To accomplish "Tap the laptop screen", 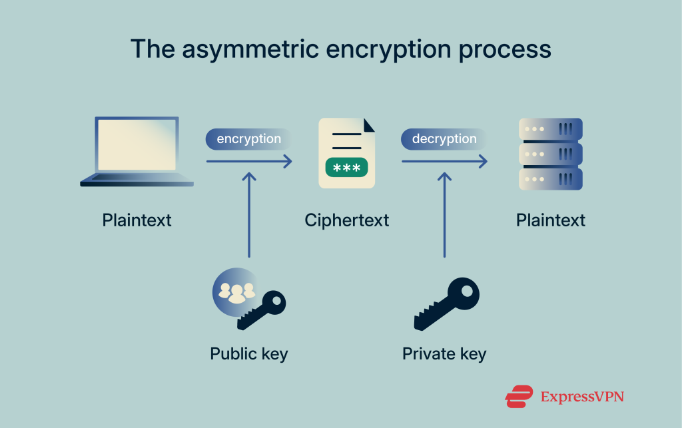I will pyautogui.click(x=137, y=144).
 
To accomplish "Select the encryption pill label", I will pyautogui.click(x=248, y=139).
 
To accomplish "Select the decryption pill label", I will pyautogui.click(x=444, y=139).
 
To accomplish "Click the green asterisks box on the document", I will pyautogui.click(x=346, y=168).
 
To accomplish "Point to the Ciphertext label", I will pyautogui.click(x=346, y=220).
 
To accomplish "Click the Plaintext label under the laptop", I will pyautogui.click(x=137, y=220).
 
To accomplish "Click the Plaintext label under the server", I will pyautogui.click(x=551, y=220).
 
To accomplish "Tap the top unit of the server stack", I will pyautogui.click(x=550, y=128).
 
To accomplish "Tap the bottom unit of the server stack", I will pyautogui.click(x=550, y=179).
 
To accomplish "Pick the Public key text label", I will pyautogui.click(x=248, y=353).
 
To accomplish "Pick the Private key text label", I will pyautogui.click(x=444, y=353).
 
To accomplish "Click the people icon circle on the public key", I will pyautogui.click(x=233, y=290).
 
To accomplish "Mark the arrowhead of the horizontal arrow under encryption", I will pyautogui.click(x=288, y=161).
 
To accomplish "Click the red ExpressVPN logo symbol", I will pyautogui.click(x=519, y=397).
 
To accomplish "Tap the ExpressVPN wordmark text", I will pyautogui.click(x=582, y=397).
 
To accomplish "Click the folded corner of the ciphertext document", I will pyautogui.click(x=368, y=124).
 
